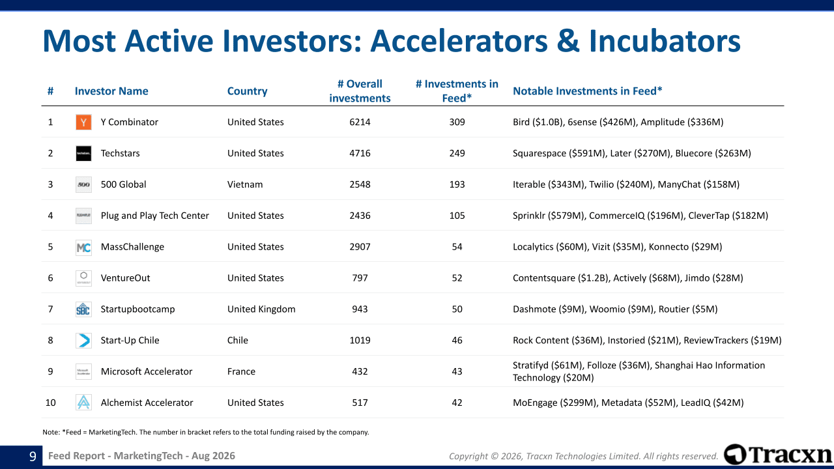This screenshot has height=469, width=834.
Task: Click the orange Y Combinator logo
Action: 83,122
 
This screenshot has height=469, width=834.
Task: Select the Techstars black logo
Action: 83,153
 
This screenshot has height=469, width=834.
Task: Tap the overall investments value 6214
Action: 360,122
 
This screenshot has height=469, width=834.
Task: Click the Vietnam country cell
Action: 245,184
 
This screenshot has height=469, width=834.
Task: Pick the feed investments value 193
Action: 457,184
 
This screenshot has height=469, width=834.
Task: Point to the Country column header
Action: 247,91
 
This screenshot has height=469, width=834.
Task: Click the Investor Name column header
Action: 111,91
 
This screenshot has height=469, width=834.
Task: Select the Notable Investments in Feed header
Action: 588,91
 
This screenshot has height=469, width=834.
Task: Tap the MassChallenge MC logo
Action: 83,247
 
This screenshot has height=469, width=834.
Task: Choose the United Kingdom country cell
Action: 261,309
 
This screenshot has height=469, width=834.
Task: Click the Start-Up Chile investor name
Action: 130,340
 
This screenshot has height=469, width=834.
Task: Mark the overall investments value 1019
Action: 360,340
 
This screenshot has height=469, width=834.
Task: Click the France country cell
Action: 241,371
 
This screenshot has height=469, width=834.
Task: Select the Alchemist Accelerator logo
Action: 83,403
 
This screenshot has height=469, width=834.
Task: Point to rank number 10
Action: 50,403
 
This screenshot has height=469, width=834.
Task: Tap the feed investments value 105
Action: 457,216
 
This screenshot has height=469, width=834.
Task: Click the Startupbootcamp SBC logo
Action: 83,309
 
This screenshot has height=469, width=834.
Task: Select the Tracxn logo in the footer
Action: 778,455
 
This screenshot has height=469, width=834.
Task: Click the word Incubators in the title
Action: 665,41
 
